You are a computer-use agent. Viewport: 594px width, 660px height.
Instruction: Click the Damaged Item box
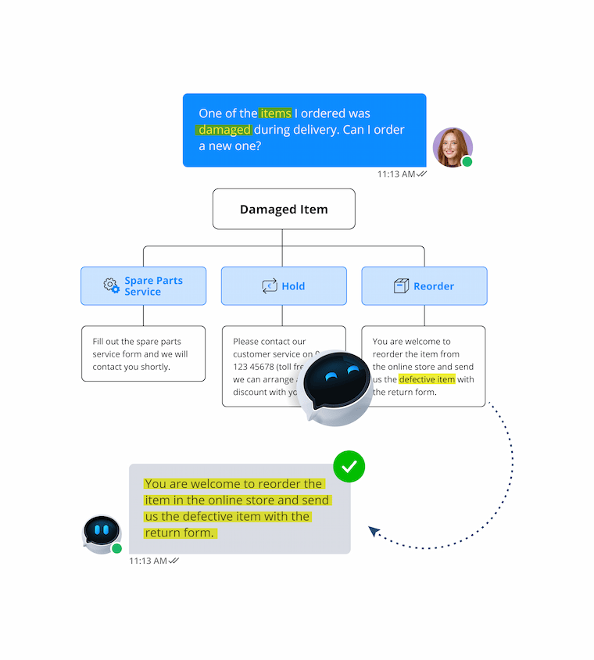(x=284, y=209)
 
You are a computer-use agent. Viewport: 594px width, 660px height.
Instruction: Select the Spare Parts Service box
(x=143, y=286)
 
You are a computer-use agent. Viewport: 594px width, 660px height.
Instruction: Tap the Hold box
(x=284, y=286)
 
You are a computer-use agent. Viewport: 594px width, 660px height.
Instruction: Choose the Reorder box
(x=424, y=286)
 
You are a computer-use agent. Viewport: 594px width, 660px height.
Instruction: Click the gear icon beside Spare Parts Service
(x=112, y=285)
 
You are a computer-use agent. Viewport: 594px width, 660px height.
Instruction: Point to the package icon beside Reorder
(x=402, y=286)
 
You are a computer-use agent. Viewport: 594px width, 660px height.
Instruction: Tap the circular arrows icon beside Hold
(x=270, y=286)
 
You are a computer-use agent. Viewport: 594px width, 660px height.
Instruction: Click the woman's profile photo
(x=453, y=147)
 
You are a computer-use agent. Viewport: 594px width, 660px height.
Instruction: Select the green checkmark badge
(x=349, y=467)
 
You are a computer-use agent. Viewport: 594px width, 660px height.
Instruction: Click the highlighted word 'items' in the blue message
(x=275, y=113)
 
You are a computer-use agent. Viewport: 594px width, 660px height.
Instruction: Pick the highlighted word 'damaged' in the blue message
(x=224, y=130)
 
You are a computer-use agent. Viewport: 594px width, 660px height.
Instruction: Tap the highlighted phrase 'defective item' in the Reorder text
(x=427, y=379)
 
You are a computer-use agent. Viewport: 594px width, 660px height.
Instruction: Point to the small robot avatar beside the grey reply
(x=102, y=534)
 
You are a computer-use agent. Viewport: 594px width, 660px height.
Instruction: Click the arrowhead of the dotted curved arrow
(x=374, y=532)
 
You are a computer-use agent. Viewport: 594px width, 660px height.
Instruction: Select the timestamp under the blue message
(x=396, y=174)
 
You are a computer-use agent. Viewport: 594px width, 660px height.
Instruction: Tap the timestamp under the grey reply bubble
(x=148, y=561)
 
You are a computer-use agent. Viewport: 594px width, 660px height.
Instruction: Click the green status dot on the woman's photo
(x=467, y=162)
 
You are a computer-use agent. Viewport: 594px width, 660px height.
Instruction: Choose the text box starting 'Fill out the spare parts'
(x=143, y=353)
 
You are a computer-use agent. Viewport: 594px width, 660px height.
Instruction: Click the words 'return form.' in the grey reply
(x=181, y=533)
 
